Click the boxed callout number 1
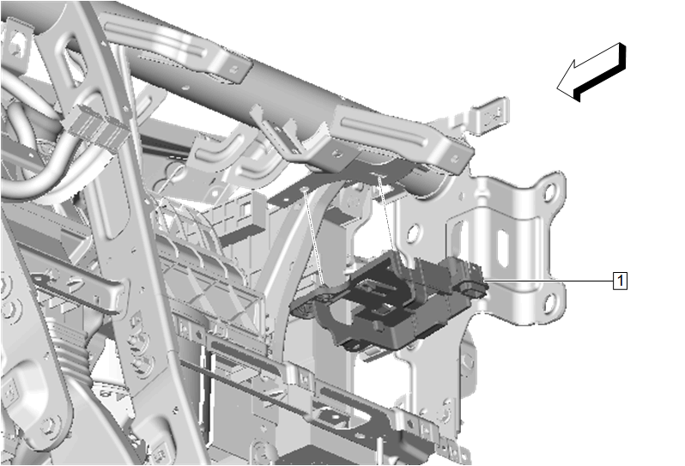(621, 281)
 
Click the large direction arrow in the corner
(591, 72)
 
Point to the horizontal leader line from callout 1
(549, 280)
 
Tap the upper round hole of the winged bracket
(549, 191)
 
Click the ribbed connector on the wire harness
(95, 128)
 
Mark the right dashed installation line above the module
(387, 213)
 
